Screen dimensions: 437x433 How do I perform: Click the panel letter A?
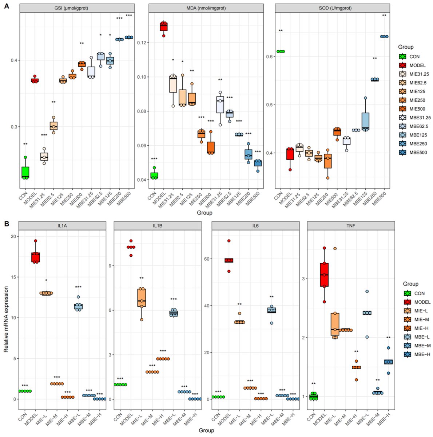pyautogui.click(x=6, y=7)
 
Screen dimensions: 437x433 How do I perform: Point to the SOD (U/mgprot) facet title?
pyautogui.click(x=332, y=8)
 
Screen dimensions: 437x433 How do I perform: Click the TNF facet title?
pyautogui.click(x=351, y=226)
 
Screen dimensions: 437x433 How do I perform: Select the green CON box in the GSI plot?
pyautogui.click(x=25, y=173)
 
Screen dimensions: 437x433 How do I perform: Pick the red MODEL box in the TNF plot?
pyautogui.click(x=324, y=275)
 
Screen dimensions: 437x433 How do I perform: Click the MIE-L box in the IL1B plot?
pyautogui.click(x=142, y=298)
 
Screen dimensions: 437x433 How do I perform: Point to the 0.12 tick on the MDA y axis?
pyautogui.click(x=142, y=43)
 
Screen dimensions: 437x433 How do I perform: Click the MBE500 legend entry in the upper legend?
pyautogui.click(x=414, y=153)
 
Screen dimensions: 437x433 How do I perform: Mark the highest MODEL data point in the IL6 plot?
pyautogui.click(x=229, y=241)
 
